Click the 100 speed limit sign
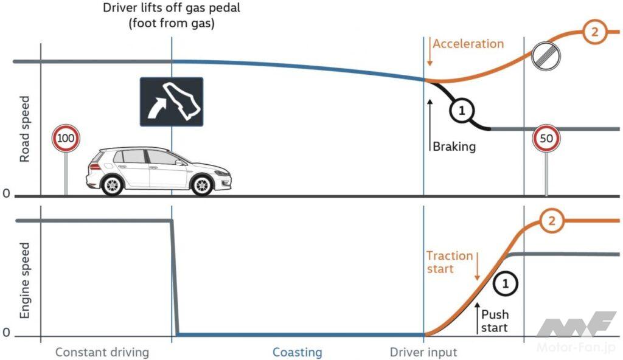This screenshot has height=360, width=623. click(x=66, y=140)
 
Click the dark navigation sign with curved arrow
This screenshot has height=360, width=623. click(x=172, y=102)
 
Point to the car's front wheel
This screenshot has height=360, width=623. click(x=202, y=183)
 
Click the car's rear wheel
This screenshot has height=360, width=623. click(x=113, y=183)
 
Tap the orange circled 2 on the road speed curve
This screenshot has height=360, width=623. click(x=594, y=33)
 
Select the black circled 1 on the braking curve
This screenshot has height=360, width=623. click(x=462, y=110)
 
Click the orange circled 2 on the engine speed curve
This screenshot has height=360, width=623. click(x=552, y=221)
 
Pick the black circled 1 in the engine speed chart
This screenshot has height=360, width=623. click(x=506, y=282)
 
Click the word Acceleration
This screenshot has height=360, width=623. click(x=468, y=44)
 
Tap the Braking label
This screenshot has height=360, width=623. click(x=454, y=147)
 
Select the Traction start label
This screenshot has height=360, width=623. click(x=449, y=261)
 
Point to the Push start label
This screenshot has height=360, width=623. click(x=495, y=320)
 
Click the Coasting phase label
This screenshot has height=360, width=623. click(x=297, y=352)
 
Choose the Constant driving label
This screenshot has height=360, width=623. click(x=102, y=352)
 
